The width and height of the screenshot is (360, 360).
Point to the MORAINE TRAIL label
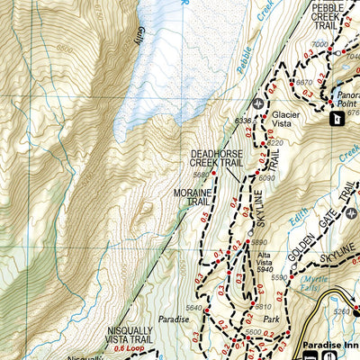point(192,198)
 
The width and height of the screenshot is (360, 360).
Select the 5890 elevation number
point(260,242)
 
